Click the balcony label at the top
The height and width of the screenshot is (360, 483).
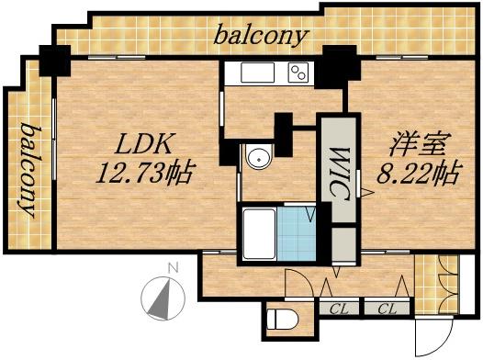pyautogui.click(x=261, y=37)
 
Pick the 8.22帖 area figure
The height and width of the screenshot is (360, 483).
pyautogui.click(x=417, y=172)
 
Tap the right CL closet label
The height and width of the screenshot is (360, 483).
pyautogui.click(x=386, y=308)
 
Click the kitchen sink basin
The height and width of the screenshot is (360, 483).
pyautogui.click(x=253, y=72)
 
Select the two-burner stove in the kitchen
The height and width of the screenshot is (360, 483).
pyautogui.click(x=298, y=72)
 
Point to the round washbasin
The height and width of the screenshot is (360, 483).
pyautogui.click(x=258, y=159)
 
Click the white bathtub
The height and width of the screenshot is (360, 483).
pyautogui.click(x=259, y=233)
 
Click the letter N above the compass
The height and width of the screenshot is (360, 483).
pyautogui.click(x=172, y=268)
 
